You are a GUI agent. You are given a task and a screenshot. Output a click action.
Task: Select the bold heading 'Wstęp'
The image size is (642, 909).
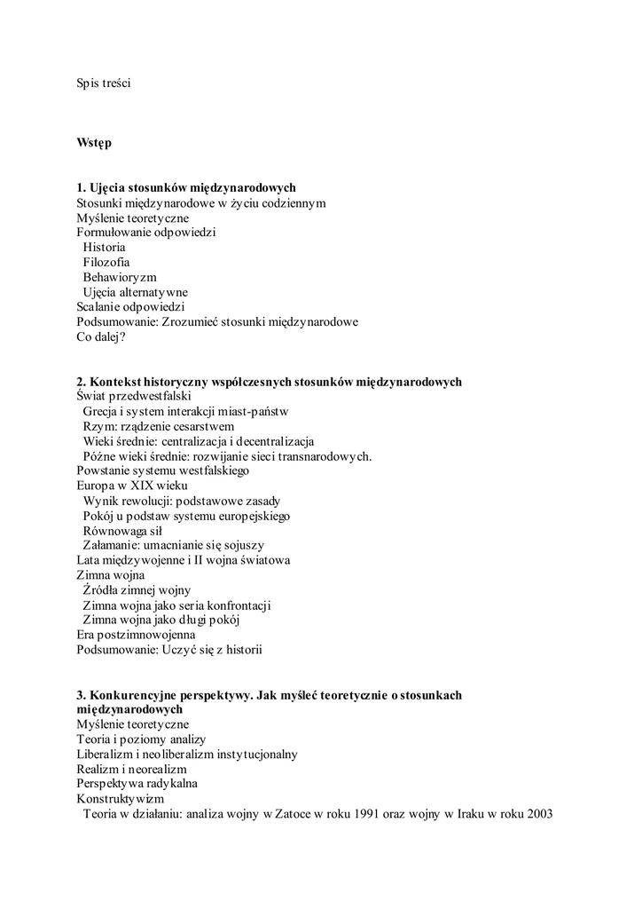tap(94, 143)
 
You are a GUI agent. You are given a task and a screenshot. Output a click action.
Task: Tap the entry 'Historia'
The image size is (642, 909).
tap(104, 248)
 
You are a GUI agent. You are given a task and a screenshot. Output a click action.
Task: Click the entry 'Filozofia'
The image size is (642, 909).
tap(106, 263)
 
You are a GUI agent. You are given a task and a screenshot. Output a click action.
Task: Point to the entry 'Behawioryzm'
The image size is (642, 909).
tap(119, 277)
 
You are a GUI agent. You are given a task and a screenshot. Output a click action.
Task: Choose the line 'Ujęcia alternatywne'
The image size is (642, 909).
tap(135, 292)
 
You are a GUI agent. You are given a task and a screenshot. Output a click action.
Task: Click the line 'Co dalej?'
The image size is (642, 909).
tap(101, 337)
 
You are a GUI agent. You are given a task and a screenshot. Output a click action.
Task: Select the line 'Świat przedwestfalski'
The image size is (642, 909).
tap(134, 397)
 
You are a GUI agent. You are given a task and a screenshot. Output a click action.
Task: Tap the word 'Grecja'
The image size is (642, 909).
tap(100, 412)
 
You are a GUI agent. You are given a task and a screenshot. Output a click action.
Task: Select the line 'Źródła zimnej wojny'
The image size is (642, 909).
tap(137, 590)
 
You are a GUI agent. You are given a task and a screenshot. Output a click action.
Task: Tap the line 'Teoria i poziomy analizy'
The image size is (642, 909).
tap(141, 739)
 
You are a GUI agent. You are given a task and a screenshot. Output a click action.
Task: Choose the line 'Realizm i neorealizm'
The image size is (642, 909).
tap(131, 769)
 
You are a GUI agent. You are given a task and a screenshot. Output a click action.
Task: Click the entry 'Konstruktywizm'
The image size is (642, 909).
tap(121, 799)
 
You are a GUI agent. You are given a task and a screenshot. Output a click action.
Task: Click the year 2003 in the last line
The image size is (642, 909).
tap(538, 814)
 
